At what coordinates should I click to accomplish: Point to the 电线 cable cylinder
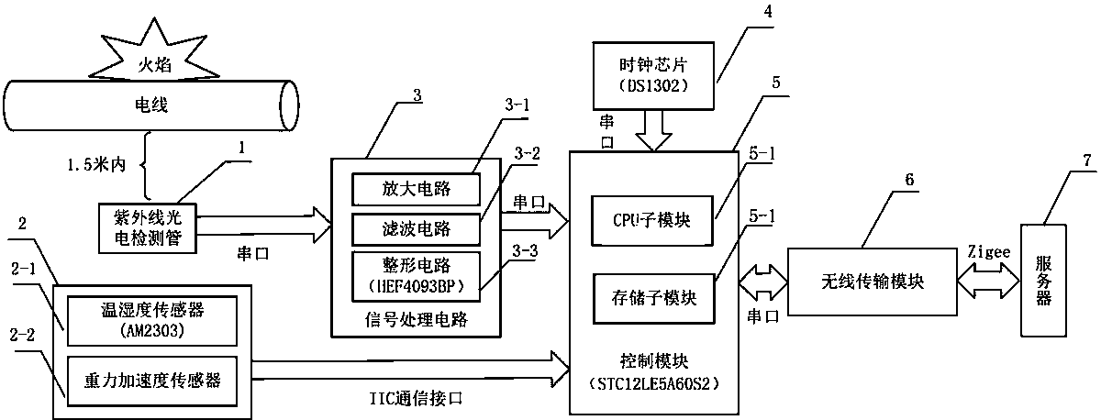[x=151, y=106]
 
